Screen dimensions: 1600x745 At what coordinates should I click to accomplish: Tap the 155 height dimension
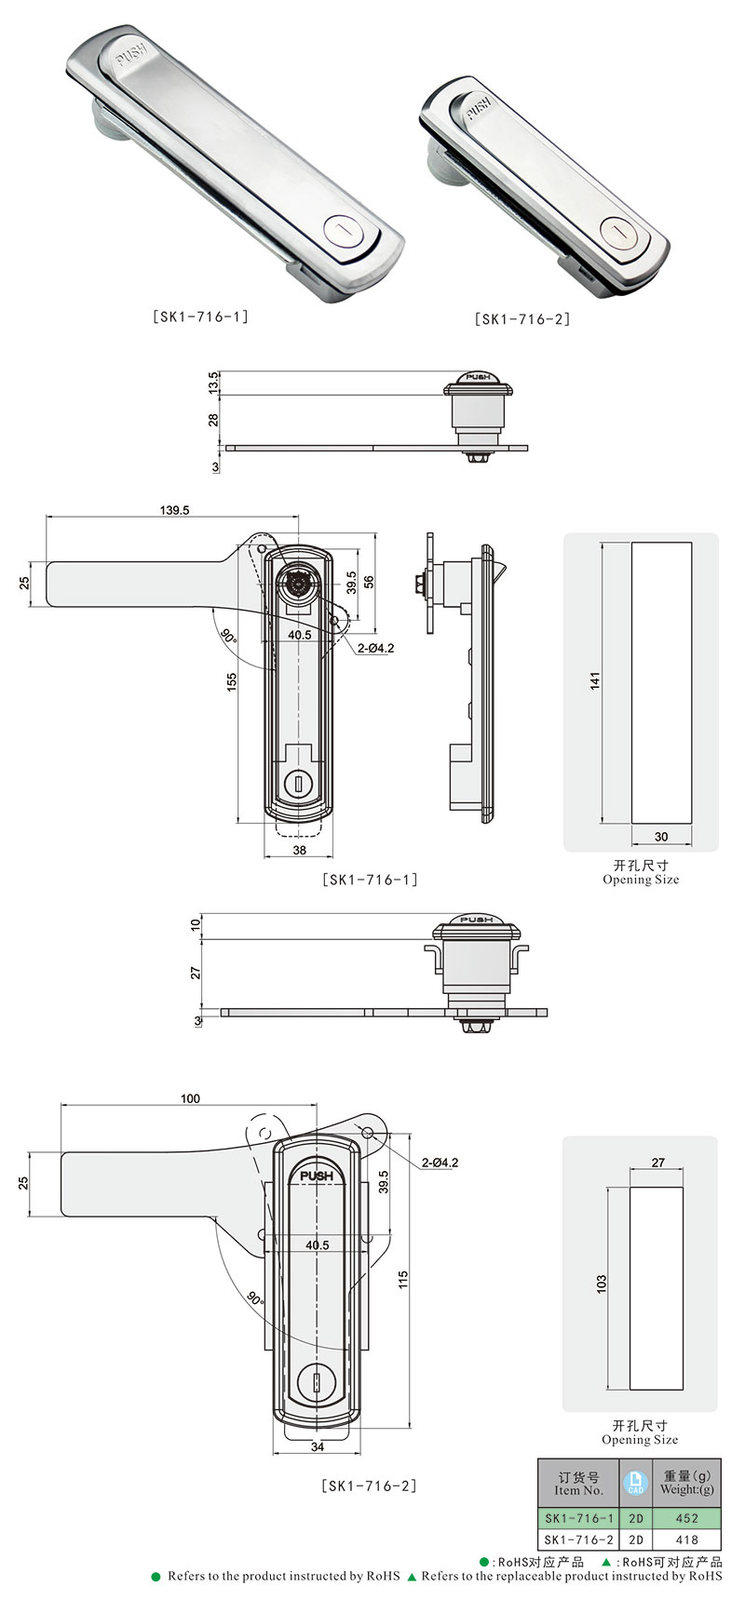coord(231,682)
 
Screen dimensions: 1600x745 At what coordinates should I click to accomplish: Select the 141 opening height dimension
coord(595,680)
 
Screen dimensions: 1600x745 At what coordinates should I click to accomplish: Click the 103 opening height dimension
coord(602,1284)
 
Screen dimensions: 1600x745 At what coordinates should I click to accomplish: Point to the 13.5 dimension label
coord(213,382)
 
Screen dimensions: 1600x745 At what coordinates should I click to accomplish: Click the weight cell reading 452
coord(686,1518)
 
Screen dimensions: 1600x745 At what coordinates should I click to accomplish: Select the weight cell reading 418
coord(686,1539)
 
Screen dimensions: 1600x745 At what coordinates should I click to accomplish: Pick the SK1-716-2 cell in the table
coord(579,1539)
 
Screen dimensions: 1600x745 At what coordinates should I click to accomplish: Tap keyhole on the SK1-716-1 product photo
coord(341,232)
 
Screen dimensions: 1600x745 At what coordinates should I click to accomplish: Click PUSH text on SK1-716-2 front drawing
coord(317,1176)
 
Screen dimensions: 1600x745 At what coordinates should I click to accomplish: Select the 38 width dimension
coord(299,851)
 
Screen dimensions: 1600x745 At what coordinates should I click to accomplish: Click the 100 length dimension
coord(190,1098)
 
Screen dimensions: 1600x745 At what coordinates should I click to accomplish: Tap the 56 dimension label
coord(369,581)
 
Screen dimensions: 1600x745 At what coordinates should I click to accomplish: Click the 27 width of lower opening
coord(658,1163)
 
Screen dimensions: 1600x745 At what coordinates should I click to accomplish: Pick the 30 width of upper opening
coord(661,837)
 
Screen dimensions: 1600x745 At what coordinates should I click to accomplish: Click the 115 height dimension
coord(403,1280)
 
